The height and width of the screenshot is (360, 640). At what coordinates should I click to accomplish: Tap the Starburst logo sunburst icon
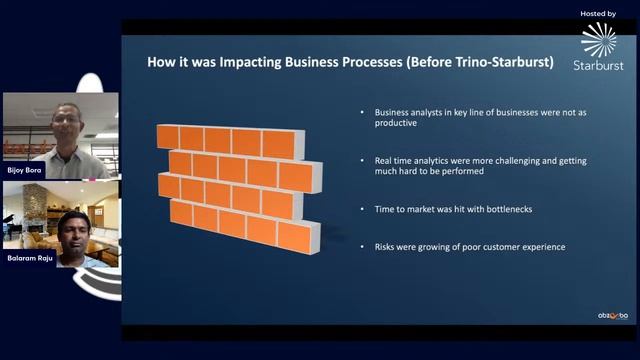tap(598, 39)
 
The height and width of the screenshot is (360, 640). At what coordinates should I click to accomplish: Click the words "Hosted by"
tap(597, 13)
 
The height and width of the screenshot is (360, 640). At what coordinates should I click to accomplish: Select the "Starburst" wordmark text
tap(598, 65)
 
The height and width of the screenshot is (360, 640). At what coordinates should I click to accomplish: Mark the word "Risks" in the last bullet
tap(386, 246)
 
